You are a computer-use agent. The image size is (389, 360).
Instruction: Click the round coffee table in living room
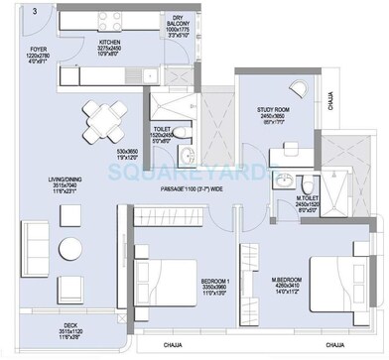coord(68,247)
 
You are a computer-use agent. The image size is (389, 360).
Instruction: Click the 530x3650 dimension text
coord(127,155)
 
